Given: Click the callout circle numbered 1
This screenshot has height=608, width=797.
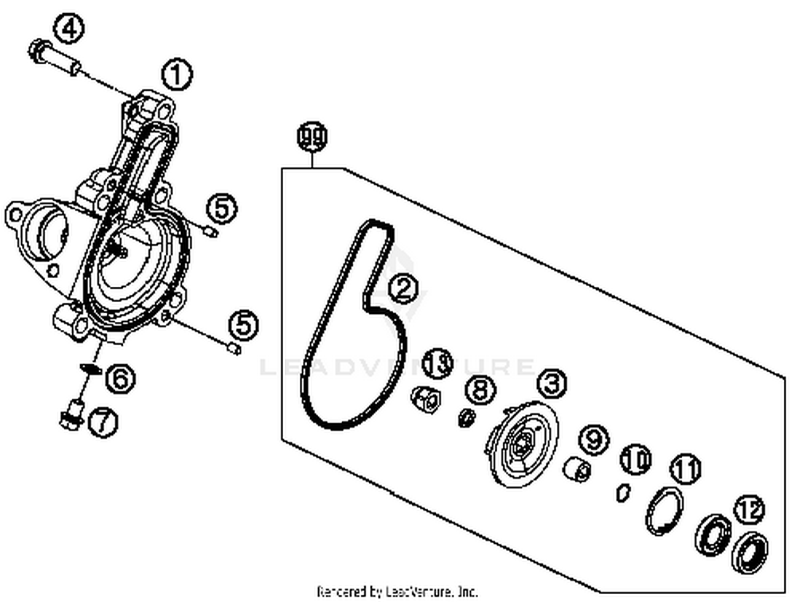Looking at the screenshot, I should click(x=176, y=75).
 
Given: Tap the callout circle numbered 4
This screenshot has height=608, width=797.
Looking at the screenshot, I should click(x=69, y=28).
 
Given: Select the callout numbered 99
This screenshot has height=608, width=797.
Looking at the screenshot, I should click(x=312, y=136).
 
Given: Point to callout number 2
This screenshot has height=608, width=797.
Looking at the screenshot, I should click(x=403, y=288).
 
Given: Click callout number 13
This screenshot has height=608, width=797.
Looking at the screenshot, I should click(x=438, y=363).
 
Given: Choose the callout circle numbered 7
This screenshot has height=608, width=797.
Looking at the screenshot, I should click(x=103, y=422).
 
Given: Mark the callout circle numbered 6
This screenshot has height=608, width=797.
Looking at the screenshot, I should click(x=121, y=378).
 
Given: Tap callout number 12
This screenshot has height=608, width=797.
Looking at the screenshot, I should click(x=750, y=510).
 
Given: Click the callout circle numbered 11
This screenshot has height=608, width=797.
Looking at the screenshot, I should click(x=685, y=468).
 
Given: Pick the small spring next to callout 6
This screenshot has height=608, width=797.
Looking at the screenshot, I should click(x=90, y=368).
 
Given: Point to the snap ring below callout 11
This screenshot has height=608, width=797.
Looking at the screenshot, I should click(x=665, y=510).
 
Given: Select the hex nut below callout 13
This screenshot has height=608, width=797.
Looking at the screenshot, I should click(x=426, y=399).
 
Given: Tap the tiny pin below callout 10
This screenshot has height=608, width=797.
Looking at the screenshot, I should click(x=623, y=492).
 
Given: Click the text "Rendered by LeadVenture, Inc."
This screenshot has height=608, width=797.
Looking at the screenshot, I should click(x=397, y=591).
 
